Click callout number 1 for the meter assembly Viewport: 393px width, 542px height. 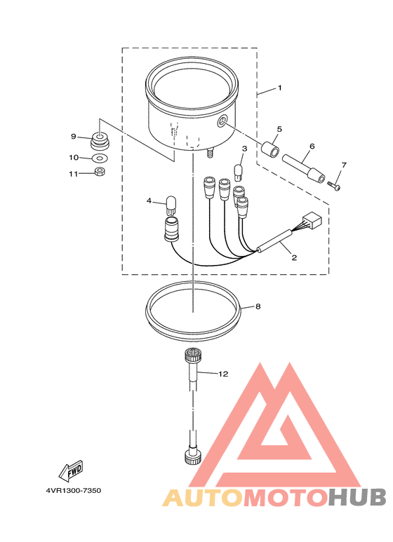279,88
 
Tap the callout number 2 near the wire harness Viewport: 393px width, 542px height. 294,257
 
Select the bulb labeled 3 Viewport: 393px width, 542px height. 239,172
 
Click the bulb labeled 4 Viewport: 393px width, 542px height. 171,205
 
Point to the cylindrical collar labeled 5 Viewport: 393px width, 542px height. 270,149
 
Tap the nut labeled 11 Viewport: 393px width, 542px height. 100,171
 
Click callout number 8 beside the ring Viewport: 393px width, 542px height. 258,306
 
